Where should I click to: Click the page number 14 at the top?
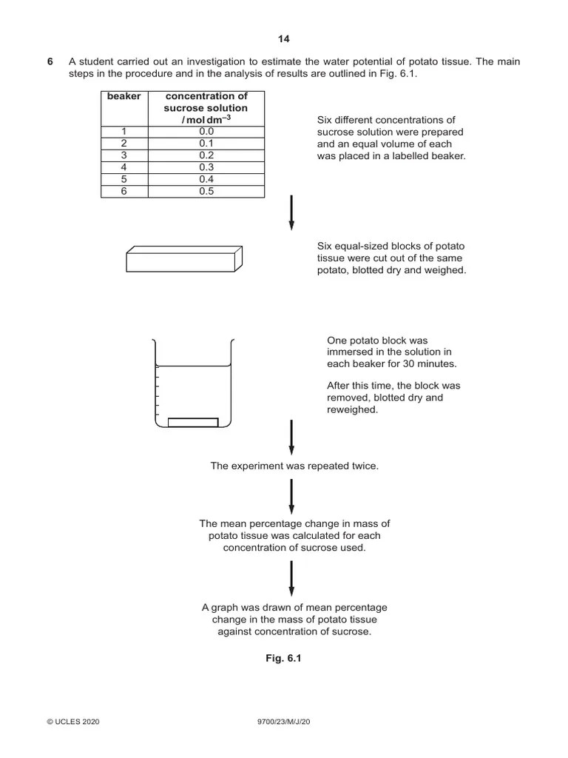(283, 39)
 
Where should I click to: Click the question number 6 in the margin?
(50, 62)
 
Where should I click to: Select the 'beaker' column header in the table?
(124, 96)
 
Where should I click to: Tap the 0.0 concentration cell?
(206, 132)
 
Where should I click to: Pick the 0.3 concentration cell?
(206, 167)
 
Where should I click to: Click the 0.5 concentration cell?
(206, 191)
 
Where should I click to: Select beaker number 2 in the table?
(124, 144)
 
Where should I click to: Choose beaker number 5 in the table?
(124, 179)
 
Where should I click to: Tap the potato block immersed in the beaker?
(193, 423)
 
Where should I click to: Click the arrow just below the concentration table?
(291, 212)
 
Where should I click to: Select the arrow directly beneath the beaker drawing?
(291, 437)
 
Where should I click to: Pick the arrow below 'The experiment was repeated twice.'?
(291, 496)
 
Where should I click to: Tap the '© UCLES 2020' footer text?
(73, 722)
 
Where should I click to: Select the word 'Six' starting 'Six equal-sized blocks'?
(325, 246)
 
